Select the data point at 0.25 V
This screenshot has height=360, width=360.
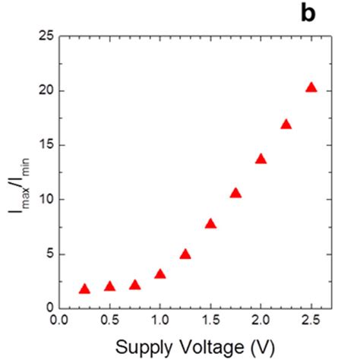click(84, 289)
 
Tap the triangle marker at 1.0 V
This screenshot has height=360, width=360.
click(159, 273)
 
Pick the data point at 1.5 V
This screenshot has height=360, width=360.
click(210, 223)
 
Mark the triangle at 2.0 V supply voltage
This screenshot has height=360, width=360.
click(261, 159)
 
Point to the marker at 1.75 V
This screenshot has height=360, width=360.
click(235, 193)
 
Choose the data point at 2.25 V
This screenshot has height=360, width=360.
click(286, 124)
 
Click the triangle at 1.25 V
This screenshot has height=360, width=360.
click(185, 254)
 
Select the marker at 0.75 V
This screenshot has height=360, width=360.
click(134, 285)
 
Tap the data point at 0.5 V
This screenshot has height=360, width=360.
click(109, 286)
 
